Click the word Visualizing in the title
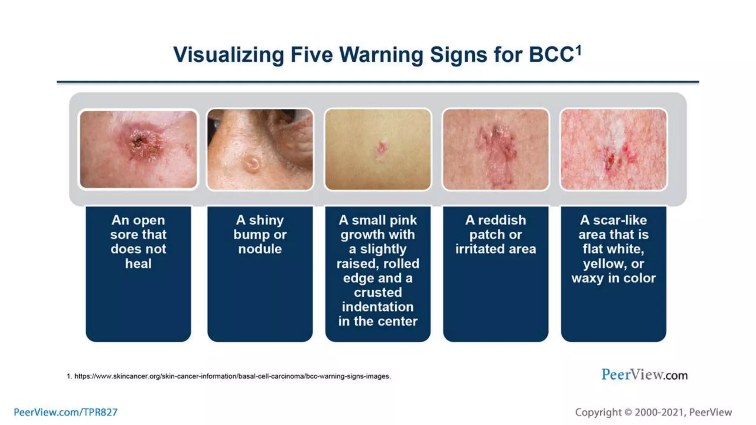click(229, 55)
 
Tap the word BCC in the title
click(551, 55)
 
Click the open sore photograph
click(138, 149)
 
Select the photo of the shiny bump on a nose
click(260, 149)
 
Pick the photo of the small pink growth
click(378, 149)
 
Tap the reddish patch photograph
click(495, 149)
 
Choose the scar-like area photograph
click(614, 149)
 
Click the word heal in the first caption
click(138, 263)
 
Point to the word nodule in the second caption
click(260, 249)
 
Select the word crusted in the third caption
click(378, 292)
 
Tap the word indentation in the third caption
click(378, 307)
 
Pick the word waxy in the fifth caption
click(587, 278)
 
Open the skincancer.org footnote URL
click(232, 376)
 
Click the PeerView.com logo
click(644, 375)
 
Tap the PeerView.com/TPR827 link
click(65, 412)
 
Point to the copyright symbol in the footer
click(628, 412)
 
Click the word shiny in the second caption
click(266, 220)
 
